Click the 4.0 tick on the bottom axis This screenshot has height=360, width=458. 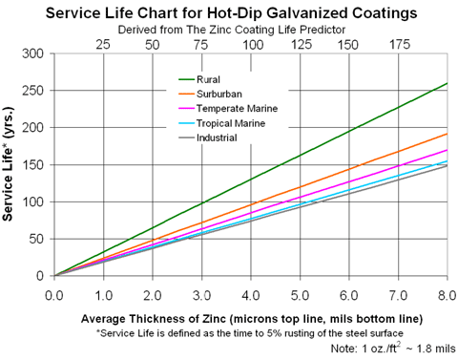pyautogui.click(x=252, y=293)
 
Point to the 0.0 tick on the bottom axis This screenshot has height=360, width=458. pyautogui.click(x=55, y=293)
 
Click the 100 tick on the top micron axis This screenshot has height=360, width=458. pyautogui.click(x=252, y=44)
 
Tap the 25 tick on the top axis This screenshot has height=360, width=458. pyautogui.click(x=104, y=44)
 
